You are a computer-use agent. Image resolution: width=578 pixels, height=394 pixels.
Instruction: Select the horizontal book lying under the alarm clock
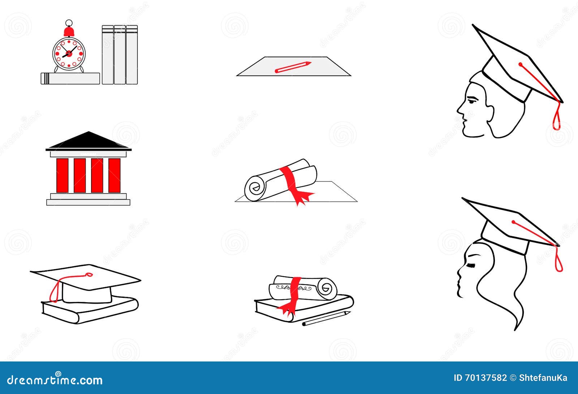point(70,78)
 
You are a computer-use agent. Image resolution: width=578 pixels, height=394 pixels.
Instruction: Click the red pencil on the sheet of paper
point(293,67)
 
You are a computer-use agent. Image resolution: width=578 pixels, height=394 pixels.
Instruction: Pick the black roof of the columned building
point(89,141)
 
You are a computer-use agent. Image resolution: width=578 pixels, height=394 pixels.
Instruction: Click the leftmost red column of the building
point(62,175)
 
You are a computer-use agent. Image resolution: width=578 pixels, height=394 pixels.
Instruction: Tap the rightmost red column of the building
point(115,175)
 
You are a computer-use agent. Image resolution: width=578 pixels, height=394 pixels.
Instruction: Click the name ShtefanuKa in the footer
point(543,378)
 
